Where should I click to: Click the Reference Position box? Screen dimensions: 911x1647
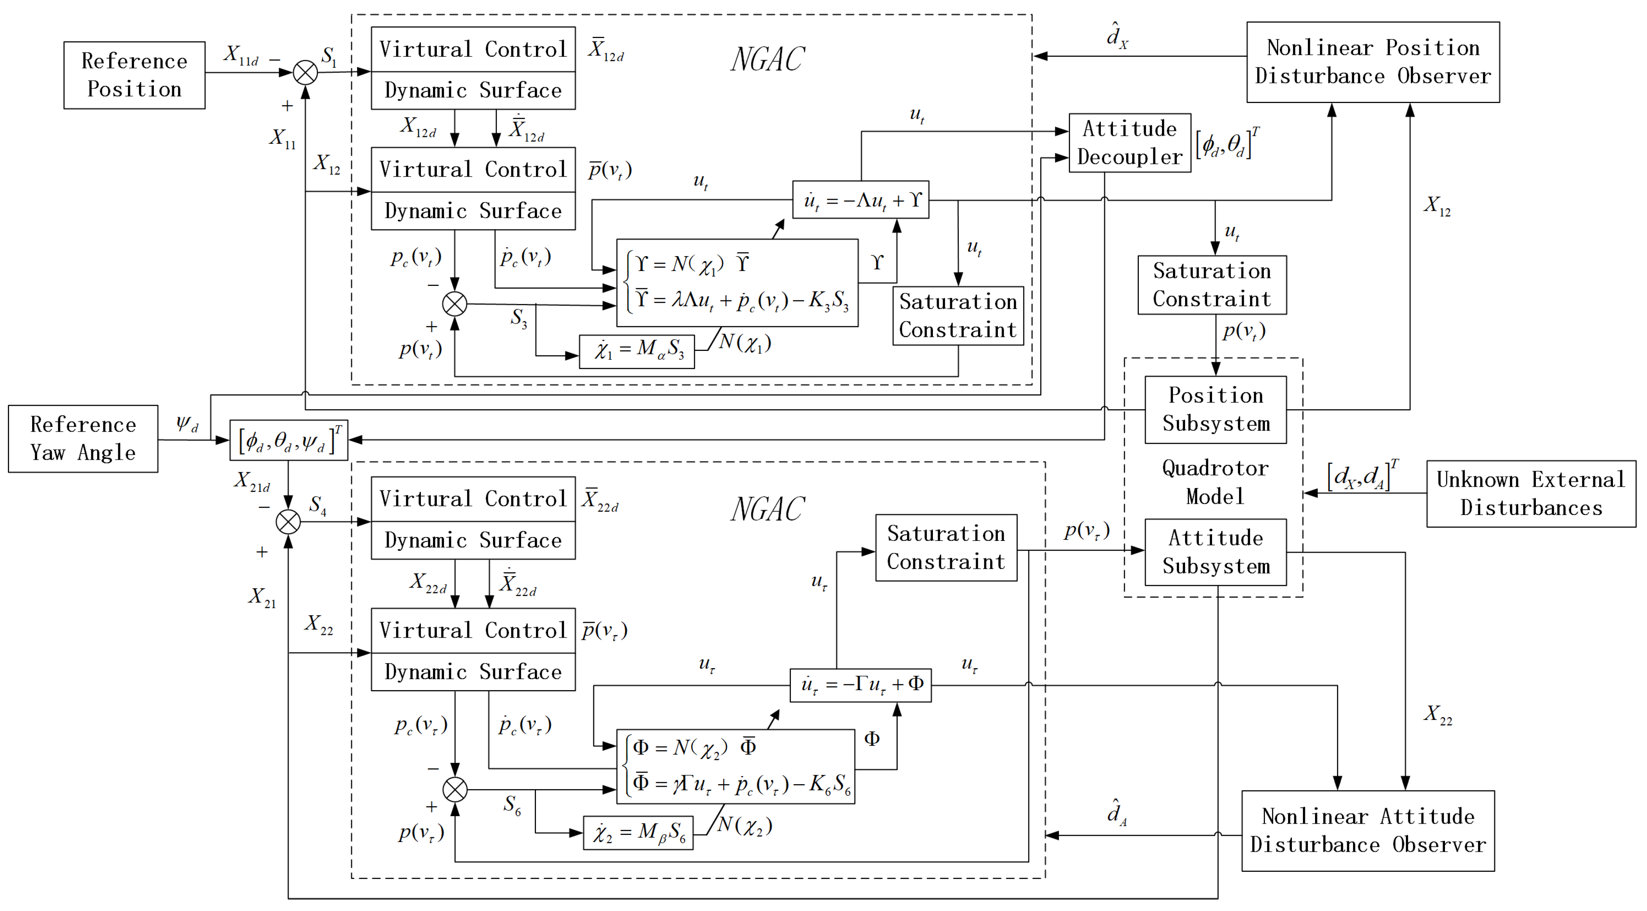pyautogui.click(x=134, y=75)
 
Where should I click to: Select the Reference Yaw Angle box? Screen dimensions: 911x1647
pyautogui.click(x=83, y=438)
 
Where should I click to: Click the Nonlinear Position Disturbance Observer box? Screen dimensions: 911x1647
pyautogui.click(x=1373, y=62)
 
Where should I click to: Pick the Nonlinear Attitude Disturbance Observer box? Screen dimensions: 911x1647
pyautogui.click(x=1367, y=830)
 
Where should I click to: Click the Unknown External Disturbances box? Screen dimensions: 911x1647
pyautogui.click(x=1531, y=493)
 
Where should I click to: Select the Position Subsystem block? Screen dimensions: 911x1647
pyautogui.click(x=1216, y=409)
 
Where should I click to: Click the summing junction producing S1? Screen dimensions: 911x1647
pyautogui.click(x=305, y=72)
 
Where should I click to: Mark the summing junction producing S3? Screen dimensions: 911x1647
pyautogui.click(x=455, y=304)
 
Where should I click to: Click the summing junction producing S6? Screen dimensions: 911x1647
pyautogui.click(x=455, y=790)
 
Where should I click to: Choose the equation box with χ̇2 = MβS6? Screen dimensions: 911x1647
pyautogui.click(x=638, y=833)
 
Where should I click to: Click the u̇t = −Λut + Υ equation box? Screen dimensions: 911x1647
pyautogui.click(x=860, y=200)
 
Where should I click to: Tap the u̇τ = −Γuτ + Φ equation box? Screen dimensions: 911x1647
pyautogui.click(x=860, y=685)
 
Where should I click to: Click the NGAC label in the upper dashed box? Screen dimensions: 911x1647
pyautogui.click(x=767, y=60)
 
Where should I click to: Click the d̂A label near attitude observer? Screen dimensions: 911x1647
pyautogui.click(x=1116, y=812)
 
